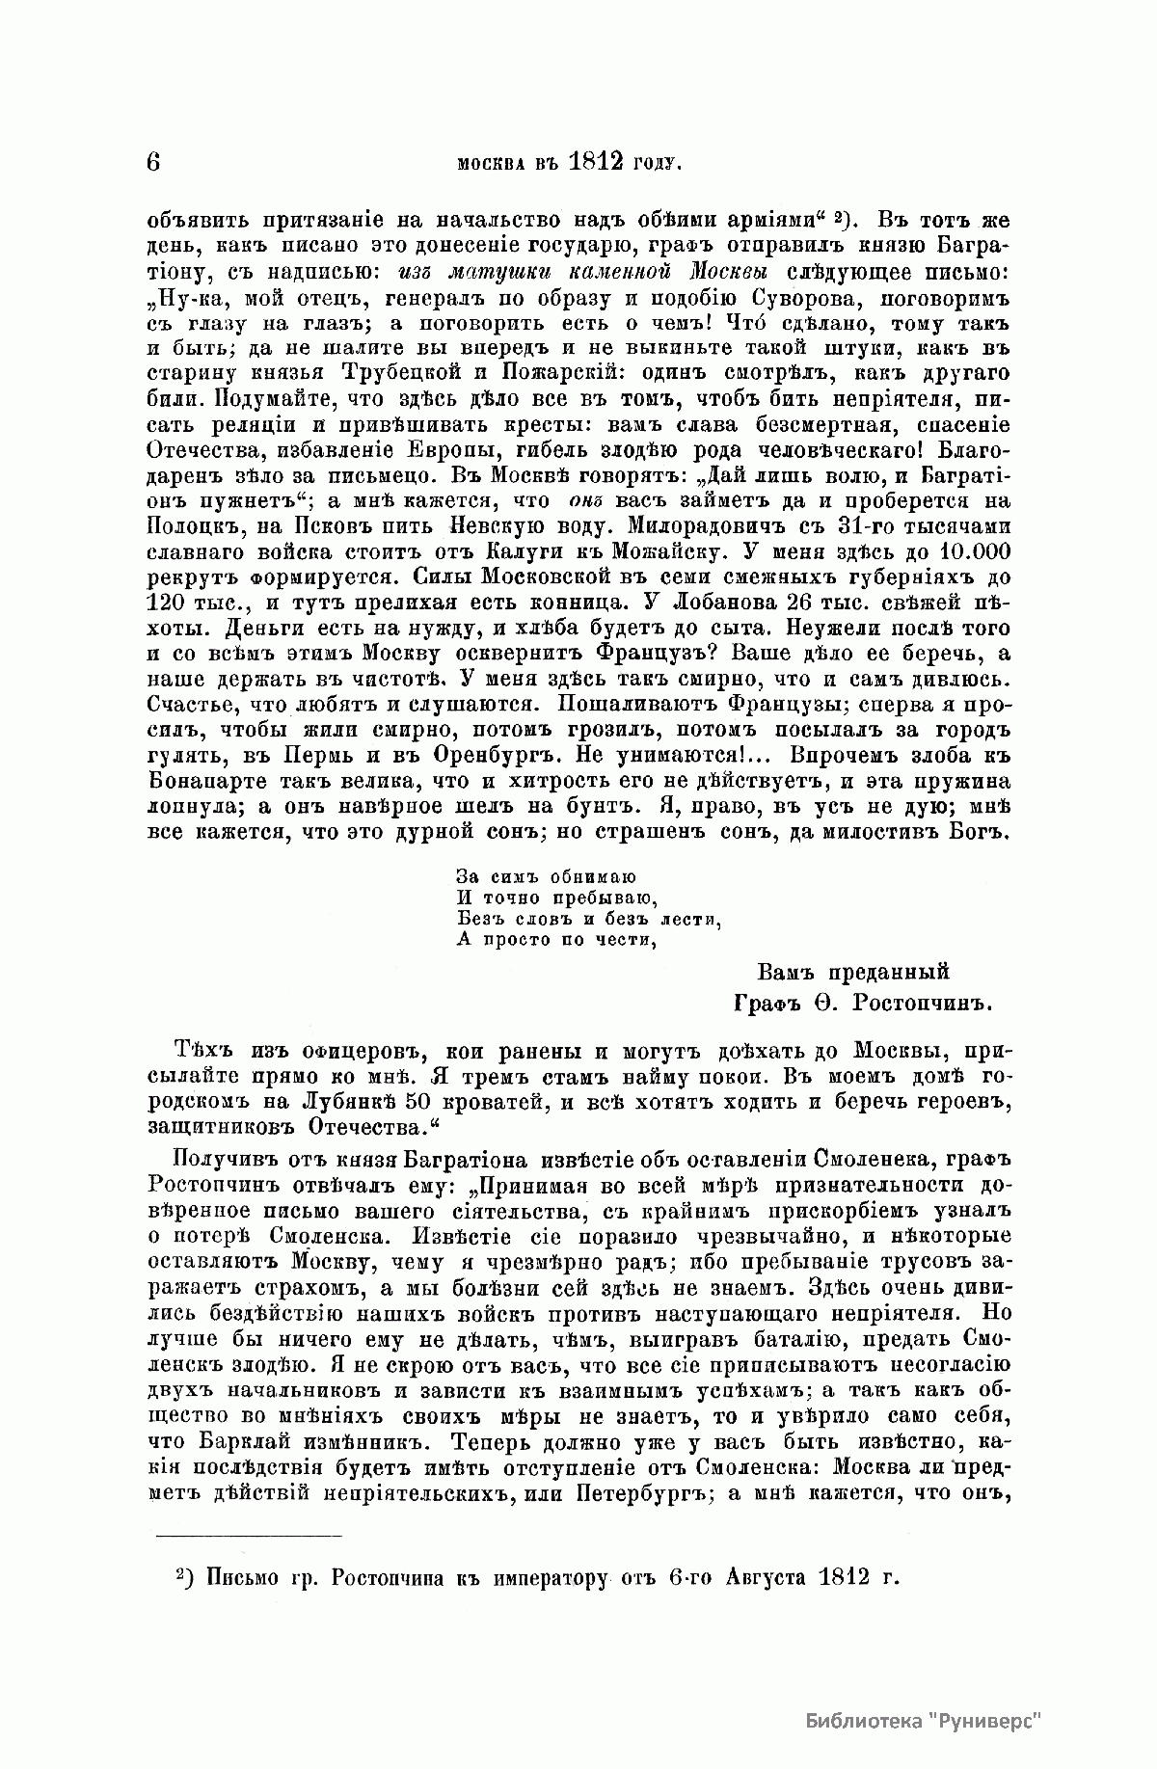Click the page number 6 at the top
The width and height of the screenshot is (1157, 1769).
(155, 161)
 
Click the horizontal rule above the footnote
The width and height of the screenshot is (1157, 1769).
(249, 1534)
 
